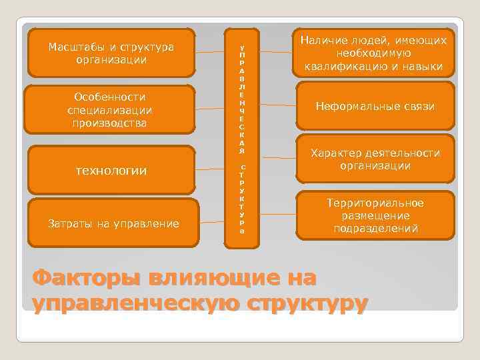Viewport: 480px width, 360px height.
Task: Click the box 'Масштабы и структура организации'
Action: click(111, 53)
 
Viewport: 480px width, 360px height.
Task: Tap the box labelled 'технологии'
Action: click(111, 171)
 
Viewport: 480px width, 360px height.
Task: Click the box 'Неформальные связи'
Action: click(375, 106)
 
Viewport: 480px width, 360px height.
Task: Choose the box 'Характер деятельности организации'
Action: click(375, 159)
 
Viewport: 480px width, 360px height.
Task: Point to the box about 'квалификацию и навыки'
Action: click(373, 53)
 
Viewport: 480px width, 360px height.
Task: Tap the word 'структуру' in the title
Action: click(307, 302)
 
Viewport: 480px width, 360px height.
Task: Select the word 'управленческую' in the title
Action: click(136, 302)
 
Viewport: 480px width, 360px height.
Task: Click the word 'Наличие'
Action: click(322, 41)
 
